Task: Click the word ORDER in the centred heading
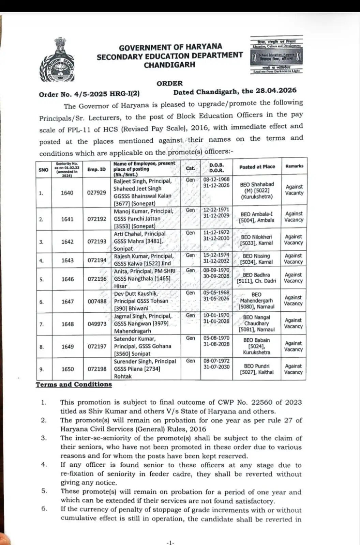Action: [169, 83]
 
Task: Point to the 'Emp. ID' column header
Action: [96, 169]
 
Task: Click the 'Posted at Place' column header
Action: [257, 167]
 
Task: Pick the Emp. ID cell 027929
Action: [96, 192]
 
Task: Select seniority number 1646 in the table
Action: [67, 279]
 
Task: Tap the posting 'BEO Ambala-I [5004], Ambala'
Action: [257, 217]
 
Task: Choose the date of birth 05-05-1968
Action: [216, 293]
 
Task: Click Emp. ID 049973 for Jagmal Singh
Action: [97, 324]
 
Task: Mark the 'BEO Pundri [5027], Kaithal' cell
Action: [257, 369]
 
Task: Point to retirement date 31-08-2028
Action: [216, 344]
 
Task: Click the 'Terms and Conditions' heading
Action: [74, 385]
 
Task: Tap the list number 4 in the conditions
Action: [44, 465]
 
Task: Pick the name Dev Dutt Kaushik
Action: [136, 294]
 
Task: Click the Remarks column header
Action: [294, 166]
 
